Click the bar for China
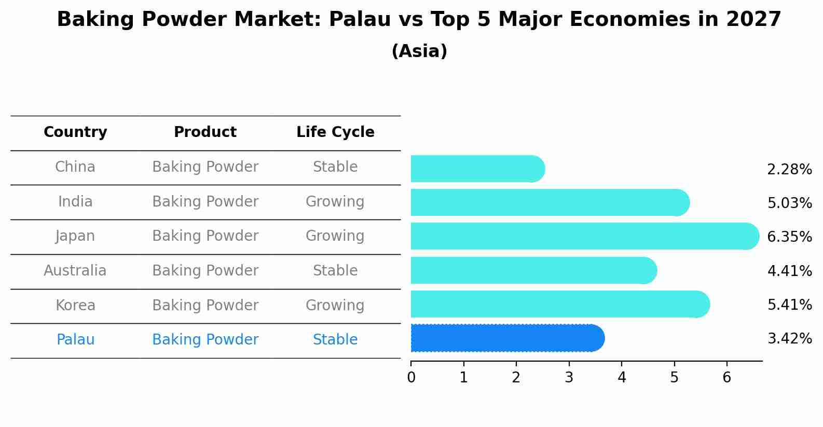pyautogui.click(x=477, y=169)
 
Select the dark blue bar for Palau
pyautogui.click(x=507, y=338)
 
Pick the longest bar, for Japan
pyautogui.click(x=584, y=236)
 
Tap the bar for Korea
pyautogui.click(x=560, y=304)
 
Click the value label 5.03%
pyautogui.click(x=789, y=203)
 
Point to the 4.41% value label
pyautogui.click(x=789, y=271)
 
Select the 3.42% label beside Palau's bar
pyautogui.click(x=789, y=339)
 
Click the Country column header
pyautogui.click(x=75, y=132)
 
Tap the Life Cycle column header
pyautogui.click(x=335, y=132)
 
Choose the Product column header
pyautogui.click(x=205, y=132)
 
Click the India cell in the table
pyautogui.click(x=75, y=201)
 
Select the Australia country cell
pyautogui.click(x=75, y=271)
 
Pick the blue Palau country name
pyautogui.click(x=75, y=340)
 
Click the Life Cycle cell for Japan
pyautogui.click(x=335, y=236)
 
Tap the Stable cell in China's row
pyautogui.click(x=335, y=167)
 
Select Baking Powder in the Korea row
pyautogui.click(x=205, y=305)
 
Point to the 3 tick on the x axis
pyautogui.click(x=569, y=377)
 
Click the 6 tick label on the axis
pyautogui.click(x=726, y=377)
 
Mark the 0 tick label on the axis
pyautogui.click(x=411, y=377)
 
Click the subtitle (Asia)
pyautogui.click(x=419, y=51)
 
